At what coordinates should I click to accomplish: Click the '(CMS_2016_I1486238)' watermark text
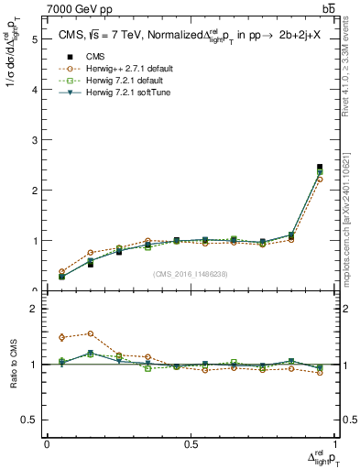coord(191,274)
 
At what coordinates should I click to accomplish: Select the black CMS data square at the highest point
coord(320,167)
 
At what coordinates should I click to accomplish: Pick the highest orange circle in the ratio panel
coord(91,333)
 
